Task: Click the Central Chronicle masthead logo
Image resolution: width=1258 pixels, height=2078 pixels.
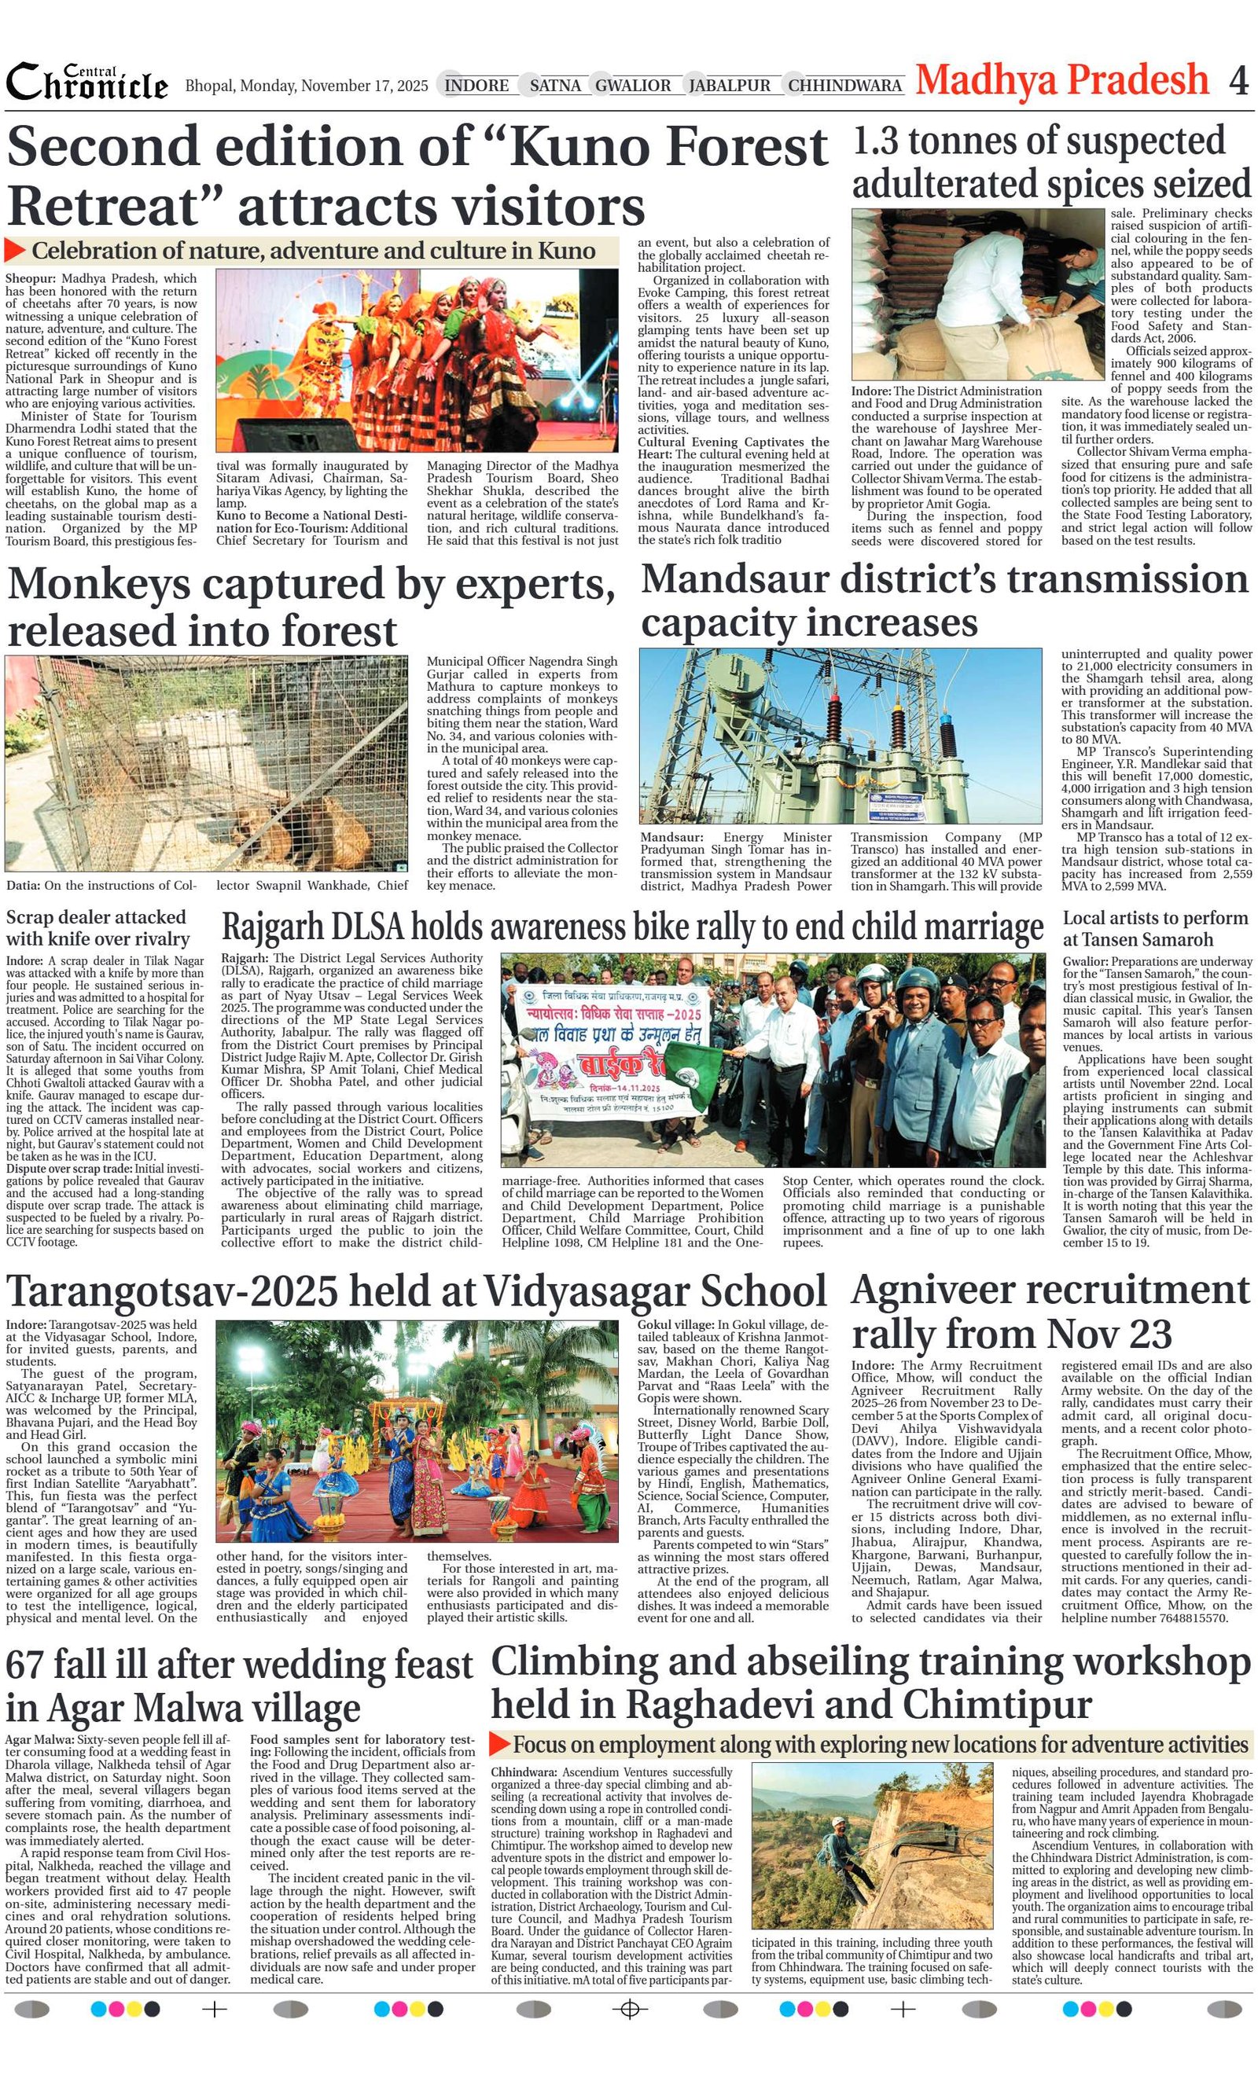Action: tap(87, 83)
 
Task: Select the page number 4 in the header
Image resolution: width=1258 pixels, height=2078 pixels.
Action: tap(1238, 81)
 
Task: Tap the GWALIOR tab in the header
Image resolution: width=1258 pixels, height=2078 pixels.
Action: tap(633, 85)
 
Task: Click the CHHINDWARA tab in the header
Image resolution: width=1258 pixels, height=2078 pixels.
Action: tap(845, 85)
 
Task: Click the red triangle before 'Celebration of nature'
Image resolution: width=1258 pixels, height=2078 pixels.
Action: tap(15, 250)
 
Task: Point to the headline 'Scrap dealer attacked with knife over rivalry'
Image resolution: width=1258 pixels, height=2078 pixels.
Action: tap(97, 927)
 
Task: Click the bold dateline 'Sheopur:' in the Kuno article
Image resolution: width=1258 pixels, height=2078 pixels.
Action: tap(31, 278)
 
